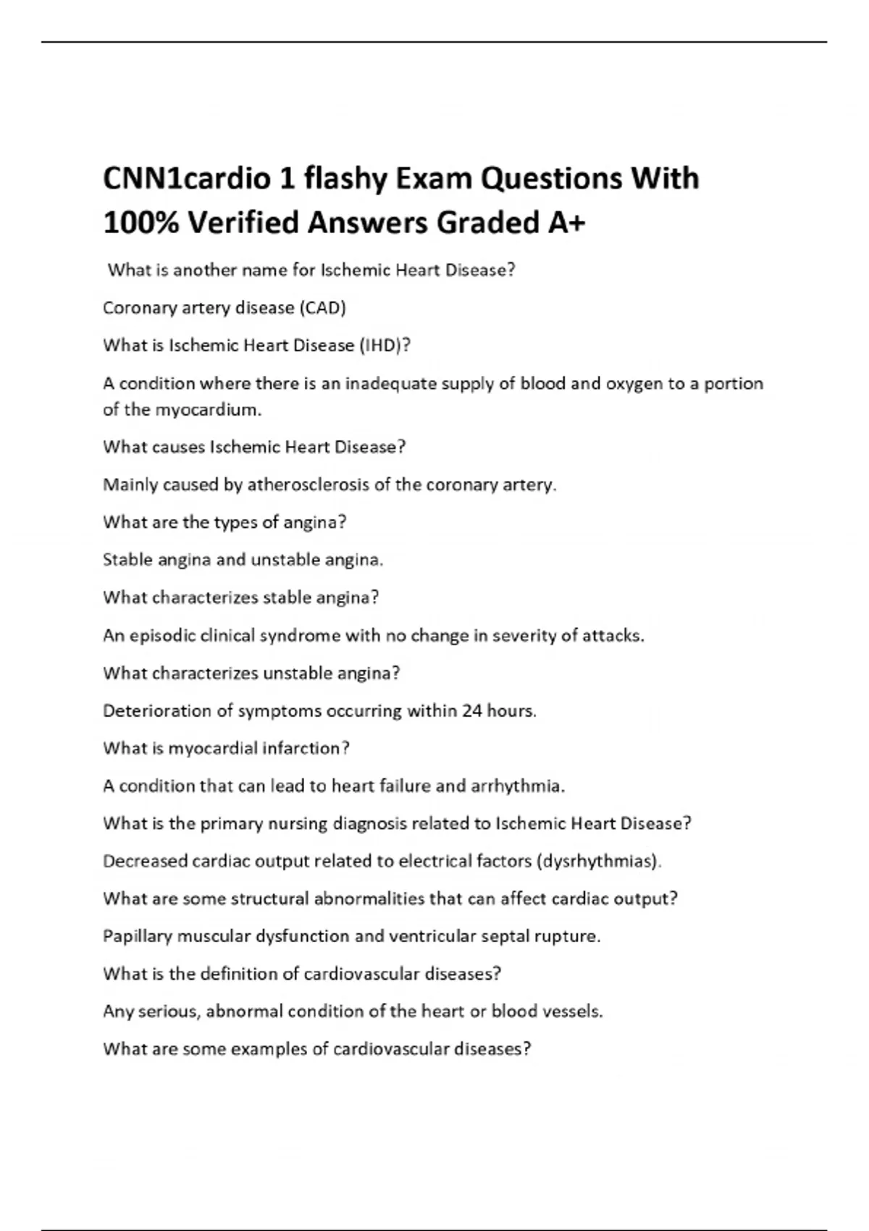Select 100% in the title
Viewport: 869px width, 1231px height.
[140, 222]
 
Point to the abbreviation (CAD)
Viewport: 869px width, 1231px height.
[322, 308]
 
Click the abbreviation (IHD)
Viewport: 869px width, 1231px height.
[381, 346]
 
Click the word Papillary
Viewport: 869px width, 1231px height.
[138, 937]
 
